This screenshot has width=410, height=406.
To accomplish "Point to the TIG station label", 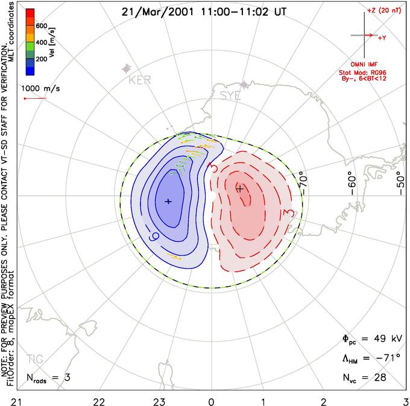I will pos(35,359).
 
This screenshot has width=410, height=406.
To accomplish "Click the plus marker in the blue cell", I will pos(168,201).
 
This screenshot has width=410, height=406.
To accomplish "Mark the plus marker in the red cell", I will pos(240,189).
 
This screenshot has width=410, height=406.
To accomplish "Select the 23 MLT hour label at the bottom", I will pos(159,399).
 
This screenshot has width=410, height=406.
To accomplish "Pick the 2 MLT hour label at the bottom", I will pos(324,399).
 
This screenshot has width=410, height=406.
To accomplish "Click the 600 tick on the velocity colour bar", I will pos(42,25).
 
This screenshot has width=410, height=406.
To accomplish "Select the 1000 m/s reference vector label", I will pos(41,89).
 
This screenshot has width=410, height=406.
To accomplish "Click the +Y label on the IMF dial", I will pos(383,38).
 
